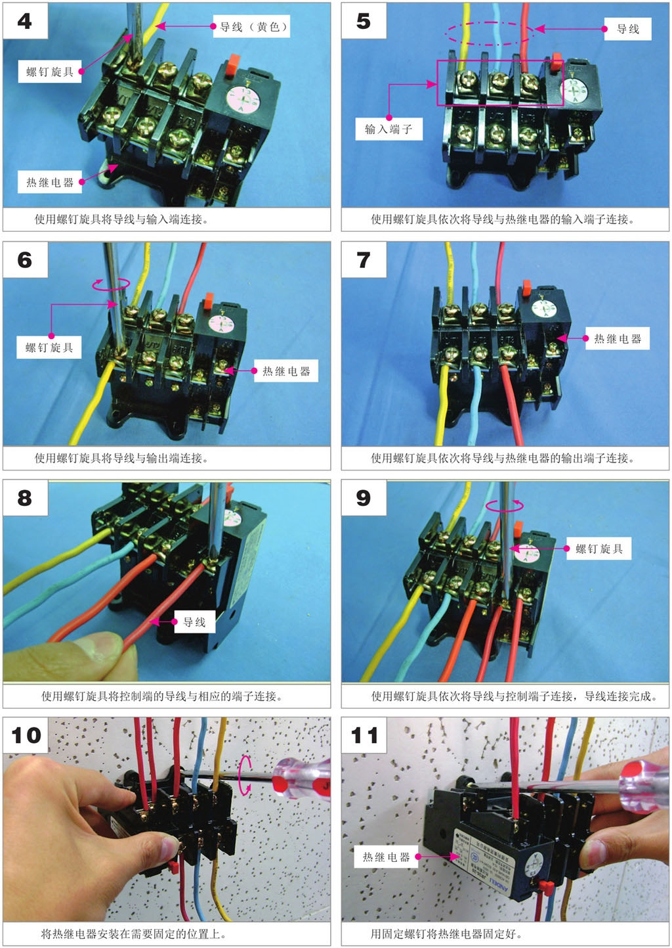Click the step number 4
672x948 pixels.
(x=24, y=21)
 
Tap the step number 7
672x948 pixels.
(x=364, y=260)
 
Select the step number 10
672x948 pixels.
(x=26, y=736)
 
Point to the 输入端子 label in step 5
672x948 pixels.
(x=388, y=129)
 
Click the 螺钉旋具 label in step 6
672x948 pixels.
(x=49, y=348)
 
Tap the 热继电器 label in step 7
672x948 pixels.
(x=618, y=338)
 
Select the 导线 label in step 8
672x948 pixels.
(x=194, y=621)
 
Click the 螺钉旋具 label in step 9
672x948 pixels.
(x=599, y=549)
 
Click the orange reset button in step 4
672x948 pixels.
(x=232, y=64)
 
